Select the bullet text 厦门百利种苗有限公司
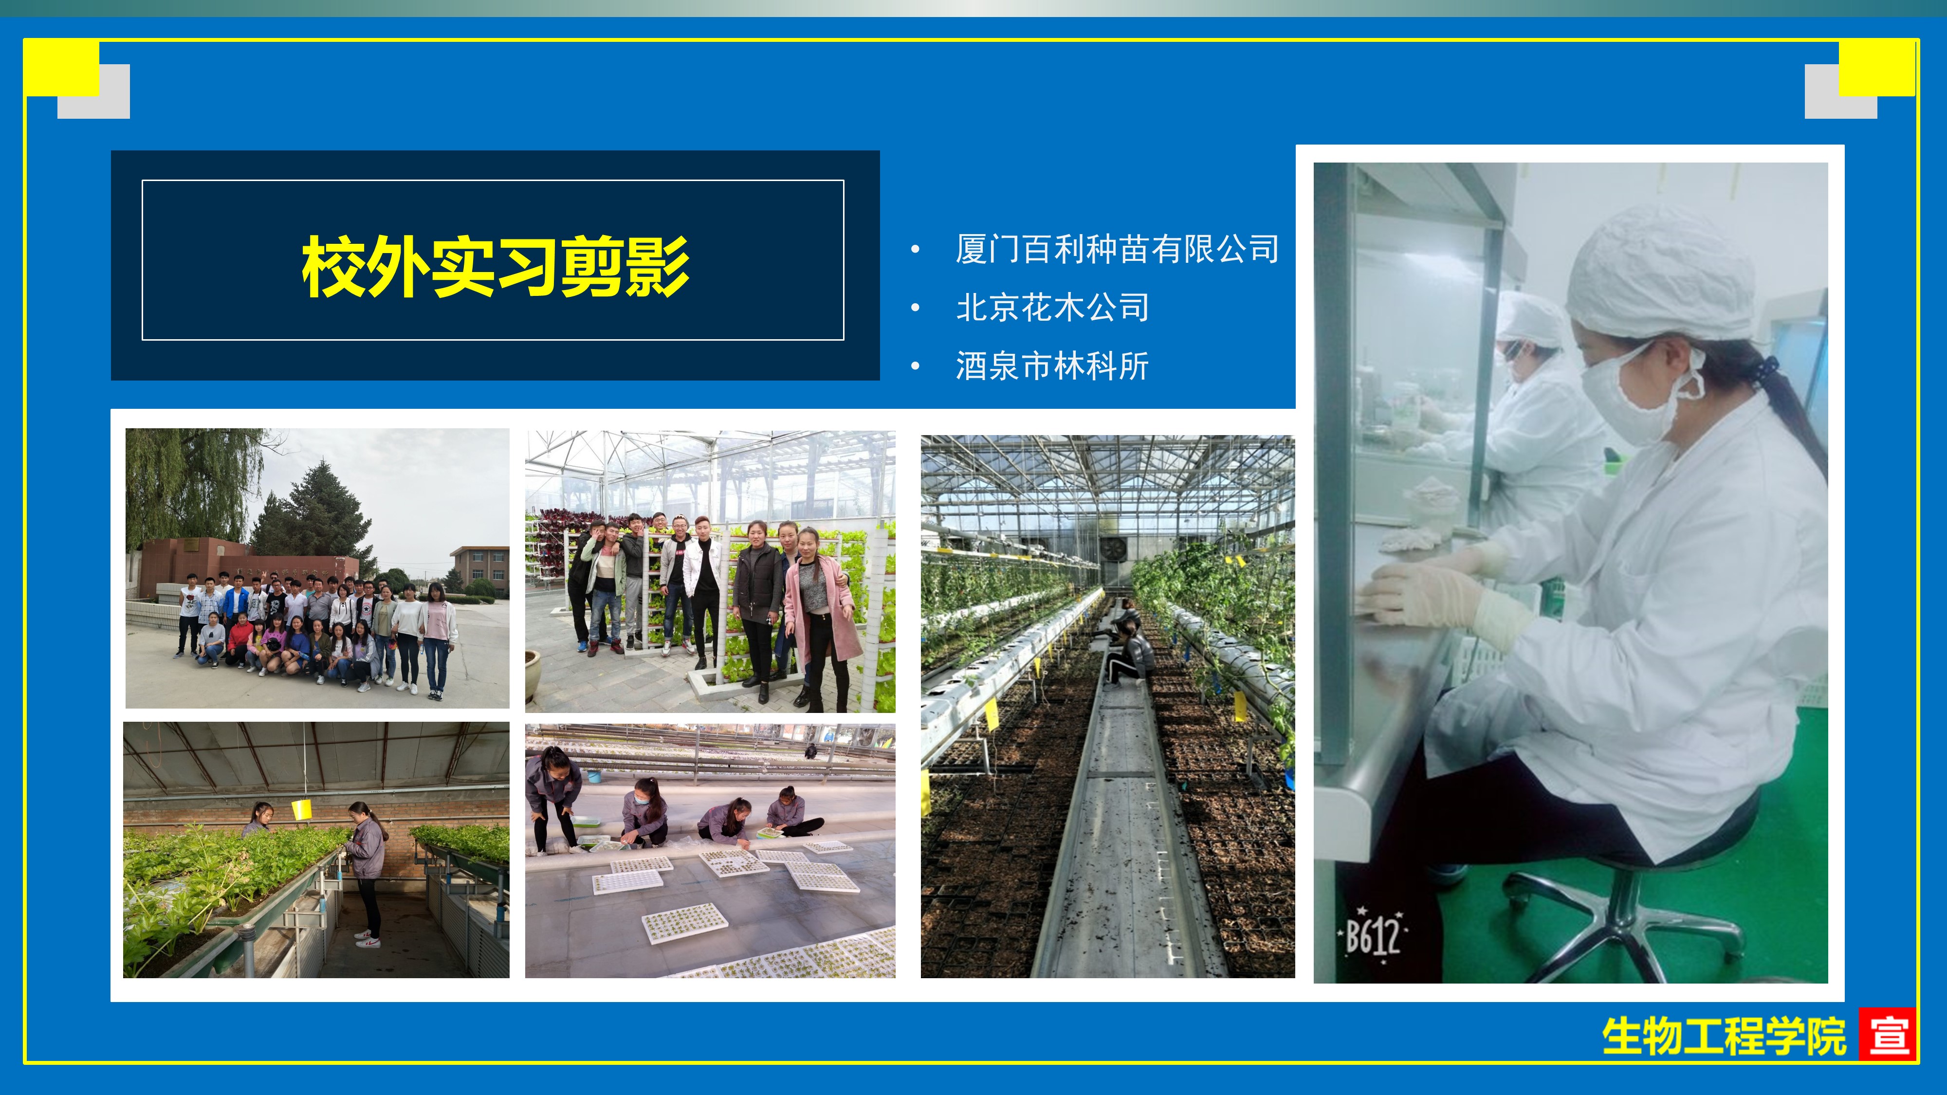tap(1117, 249)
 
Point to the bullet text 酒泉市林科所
tap(1052, 366)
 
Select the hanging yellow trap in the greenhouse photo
tap(302, 808)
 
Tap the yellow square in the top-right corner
tap(1877, 68)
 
